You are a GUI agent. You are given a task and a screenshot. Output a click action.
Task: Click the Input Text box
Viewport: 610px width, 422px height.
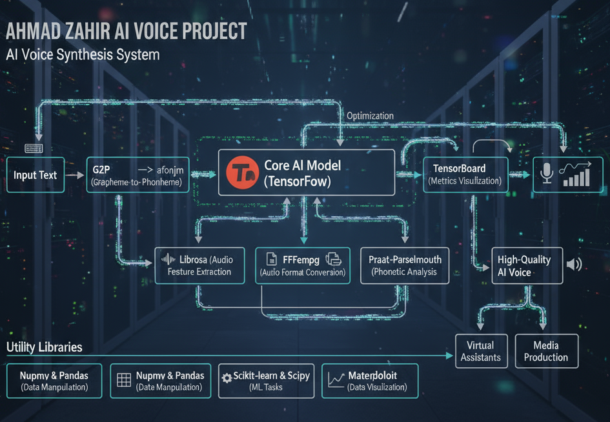point(36,175)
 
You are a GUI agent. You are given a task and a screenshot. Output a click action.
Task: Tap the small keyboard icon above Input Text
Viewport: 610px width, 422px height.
point(34,148)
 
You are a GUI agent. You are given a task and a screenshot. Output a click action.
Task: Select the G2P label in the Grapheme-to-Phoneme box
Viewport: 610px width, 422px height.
point(101,170)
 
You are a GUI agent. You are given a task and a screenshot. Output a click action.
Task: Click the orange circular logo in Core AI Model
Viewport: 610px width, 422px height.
point(243,172)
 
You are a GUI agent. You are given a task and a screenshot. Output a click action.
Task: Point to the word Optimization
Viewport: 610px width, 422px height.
point(370,116)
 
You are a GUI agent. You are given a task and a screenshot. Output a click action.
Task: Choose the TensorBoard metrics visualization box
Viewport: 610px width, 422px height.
point(464,174)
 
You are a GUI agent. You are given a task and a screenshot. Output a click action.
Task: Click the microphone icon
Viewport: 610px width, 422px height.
point(546,174)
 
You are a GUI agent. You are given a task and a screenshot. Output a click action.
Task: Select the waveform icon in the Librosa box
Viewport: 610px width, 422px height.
point(168,260)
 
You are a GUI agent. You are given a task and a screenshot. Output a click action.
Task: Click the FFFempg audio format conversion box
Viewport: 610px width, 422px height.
point(303,266)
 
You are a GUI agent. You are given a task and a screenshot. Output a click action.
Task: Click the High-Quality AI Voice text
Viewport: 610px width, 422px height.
point(524,266)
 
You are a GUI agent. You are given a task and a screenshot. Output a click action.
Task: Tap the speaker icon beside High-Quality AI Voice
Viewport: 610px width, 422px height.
point(573,264)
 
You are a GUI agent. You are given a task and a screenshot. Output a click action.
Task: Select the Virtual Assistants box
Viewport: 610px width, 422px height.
point(482,351)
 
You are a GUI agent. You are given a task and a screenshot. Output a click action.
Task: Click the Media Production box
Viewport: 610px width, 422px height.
point(545,351)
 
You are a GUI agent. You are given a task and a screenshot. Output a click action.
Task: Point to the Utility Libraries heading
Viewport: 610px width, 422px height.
point(45,347)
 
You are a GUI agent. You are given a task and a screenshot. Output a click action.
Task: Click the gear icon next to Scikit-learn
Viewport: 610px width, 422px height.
point(227,378)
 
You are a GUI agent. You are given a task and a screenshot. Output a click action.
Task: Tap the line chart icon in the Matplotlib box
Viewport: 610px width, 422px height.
point(336,380)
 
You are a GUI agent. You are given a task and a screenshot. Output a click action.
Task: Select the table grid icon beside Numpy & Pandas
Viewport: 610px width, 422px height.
point(123,380)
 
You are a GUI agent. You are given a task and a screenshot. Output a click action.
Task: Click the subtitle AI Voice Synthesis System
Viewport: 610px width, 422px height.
point(83,54)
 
